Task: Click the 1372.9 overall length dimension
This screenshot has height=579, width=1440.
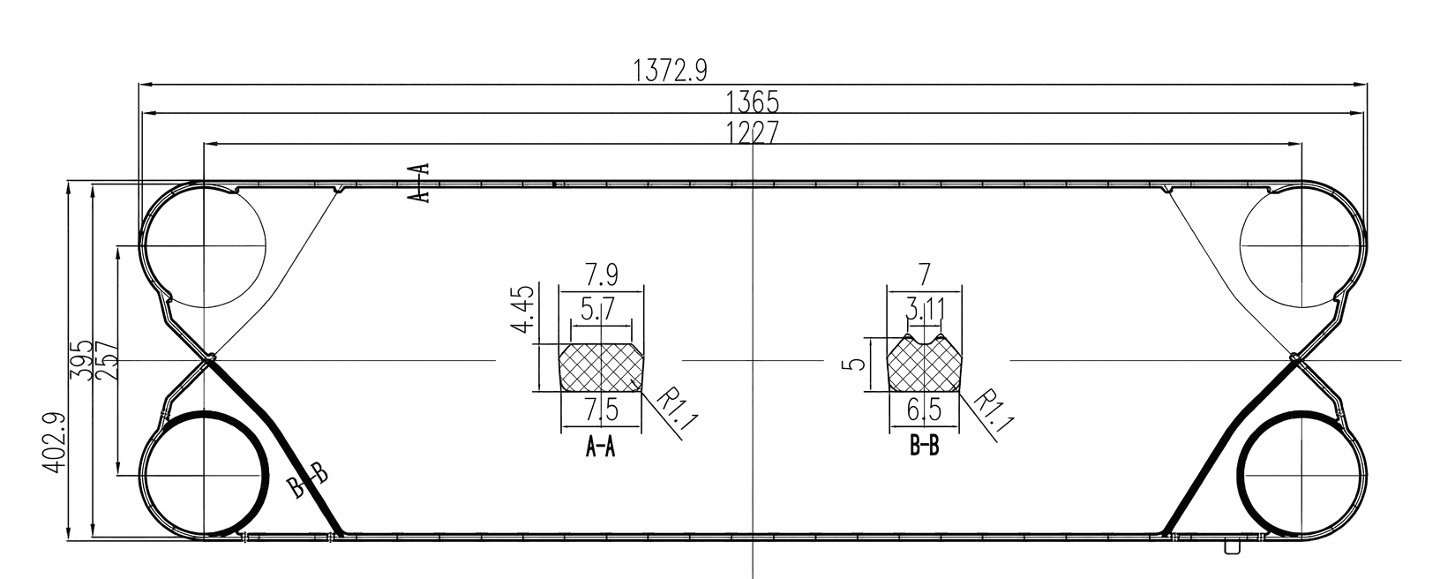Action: pyautogui.click(x=671, y=71)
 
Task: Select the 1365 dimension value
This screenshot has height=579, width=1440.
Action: pyautogui.click(x=753, y=102)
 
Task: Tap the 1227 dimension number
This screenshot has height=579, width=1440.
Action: pyautogui.click(x=753, y=132)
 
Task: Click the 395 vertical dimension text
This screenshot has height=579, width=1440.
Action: pyautogui.click(x=81, y=359)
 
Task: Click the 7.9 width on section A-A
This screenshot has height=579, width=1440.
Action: pyautogui.click(x=601, y=274)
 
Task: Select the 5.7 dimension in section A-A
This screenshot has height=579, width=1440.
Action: pyautogui.click(x=599, y=310)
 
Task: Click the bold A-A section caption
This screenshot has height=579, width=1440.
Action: pyautogui.click(x=600, y=448)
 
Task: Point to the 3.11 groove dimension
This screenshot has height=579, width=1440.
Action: pyautogui.click(x=923, y=310)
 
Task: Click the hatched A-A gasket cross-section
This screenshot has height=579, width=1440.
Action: pyautogui.click(x=601, y=367)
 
